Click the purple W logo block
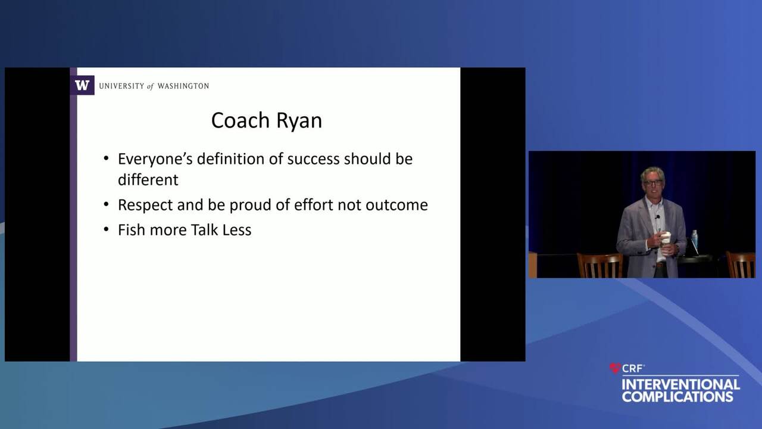(x=82, y=85)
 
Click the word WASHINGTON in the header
(x=183, y=86)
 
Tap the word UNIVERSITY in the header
(x=121, y=86)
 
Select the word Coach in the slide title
(x=241, y=120)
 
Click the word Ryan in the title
(x=299, y=122)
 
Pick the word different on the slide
(x=148, y=180)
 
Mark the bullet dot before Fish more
(x=106, y=230)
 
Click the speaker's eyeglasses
(x=652, y=183)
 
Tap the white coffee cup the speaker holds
(x=666, y=240)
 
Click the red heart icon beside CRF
(x=615, y=368)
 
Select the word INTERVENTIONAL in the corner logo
(x=680, y=384)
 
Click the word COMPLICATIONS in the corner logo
(x=677, y=397)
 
